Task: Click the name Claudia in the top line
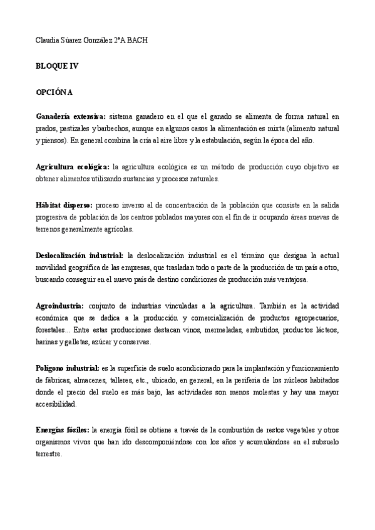(48, 41)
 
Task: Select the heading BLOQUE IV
(57, 66)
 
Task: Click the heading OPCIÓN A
(54, 92)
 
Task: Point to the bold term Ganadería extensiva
(71, 116)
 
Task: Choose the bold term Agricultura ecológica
(73, 167)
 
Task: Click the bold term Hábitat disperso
(64, 205)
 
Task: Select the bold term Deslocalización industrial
(80, 256)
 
